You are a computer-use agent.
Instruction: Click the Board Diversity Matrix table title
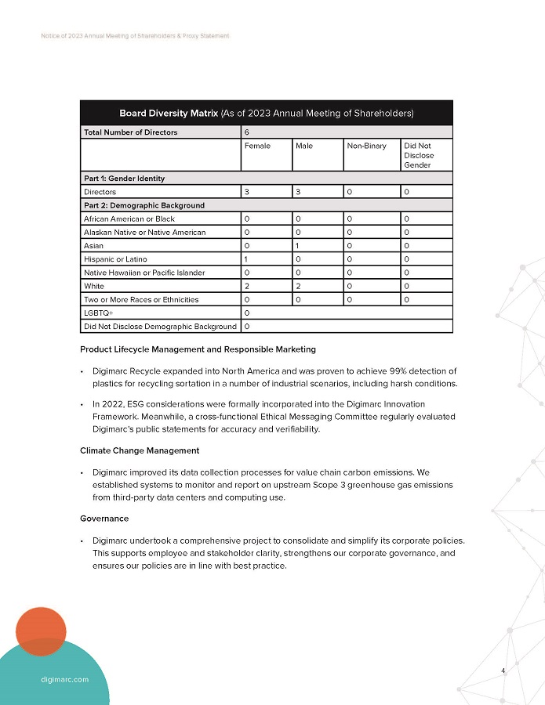pos(266,113)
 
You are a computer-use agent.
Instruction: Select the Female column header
pos(257,146)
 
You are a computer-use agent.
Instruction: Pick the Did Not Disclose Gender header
pos(418,155)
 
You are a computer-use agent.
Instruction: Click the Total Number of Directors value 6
pos(247,132)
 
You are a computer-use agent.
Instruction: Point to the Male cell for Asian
pos(298,246)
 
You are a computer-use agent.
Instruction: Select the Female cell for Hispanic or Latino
pos(247,259)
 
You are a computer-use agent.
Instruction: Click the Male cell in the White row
pos(298,286)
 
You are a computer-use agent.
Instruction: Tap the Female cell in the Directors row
pos(247,192)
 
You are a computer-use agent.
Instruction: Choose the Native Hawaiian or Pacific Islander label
pos(144,273)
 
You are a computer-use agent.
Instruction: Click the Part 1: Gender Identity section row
pos(124,179)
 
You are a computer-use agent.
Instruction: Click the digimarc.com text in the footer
pos(64,679)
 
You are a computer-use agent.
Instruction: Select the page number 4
pos(503,671)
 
